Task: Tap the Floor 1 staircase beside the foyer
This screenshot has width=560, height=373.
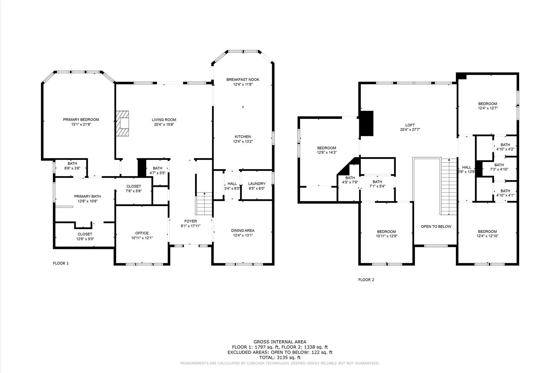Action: click(x=204, y=204)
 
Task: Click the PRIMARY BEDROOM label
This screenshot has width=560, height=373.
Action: click(x=81, y=120)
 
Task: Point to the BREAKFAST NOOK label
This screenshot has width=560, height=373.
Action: click(x=243, y=80)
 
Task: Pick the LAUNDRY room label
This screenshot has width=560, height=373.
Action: click(x=256, y=184)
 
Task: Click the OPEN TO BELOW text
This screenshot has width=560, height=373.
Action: click(x=436, y=226)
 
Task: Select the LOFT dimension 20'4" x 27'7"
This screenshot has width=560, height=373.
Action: click(x=410, y=130)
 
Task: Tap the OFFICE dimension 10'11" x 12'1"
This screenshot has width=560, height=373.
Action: click(x=142, y=238)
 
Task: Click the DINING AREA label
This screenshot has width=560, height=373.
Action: click(x=243, y=231)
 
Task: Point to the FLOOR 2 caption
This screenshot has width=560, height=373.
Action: click(x=366, y=280)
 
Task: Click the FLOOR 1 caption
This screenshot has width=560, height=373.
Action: click(x=61, y=263)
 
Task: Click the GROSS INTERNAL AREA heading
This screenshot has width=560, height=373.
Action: click(x=280, y=342)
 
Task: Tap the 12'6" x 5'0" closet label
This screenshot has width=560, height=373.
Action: click(x=85, y=237)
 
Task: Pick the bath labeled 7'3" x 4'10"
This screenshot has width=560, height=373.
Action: click(x=499, y=167)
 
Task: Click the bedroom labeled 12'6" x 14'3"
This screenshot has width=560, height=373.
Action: click(x=326, y=150)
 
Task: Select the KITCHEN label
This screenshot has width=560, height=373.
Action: click(x=243, y=137)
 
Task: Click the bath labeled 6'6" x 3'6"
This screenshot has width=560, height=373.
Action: click(x=72, y=166)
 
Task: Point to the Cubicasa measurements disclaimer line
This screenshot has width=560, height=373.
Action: click(x=280, y=363)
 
